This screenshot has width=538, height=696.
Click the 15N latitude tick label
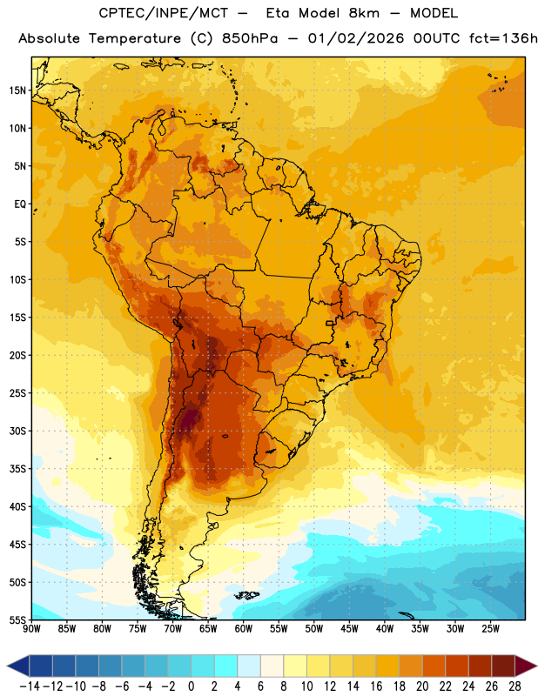click(x=17, y=90)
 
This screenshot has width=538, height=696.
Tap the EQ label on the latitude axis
click(x=20, y=204)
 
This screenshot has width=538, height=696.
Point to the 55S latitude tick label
click(x=17, y=619)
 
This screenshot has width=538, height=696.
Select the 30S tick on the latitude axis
click(x=17, y=431)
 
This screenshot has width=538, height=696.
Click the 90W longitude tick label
click(x=31, y=629)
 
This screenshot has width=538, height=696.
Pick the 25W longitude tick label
click(x=490, y=629)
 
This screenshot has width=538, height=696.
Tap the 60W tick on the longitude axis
click(x=244, y=629)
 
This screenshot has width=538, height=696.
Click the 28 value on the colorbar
click(x=514, y=686)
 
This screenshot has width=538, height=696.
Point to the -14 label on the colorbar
click(x=30, y=686)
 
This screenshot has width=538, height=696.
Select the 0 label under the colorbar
click(x=191, y=686)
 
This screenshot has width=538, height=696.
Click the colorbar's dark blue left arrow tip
click(x=7, y=666)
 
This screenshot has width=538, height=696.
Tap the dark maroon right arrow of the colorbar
click(x=526, y=666)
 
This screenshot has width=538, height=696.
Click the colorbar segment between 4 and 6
click(x=249, y=666)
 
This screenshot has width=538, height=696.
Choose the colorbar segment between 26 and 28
click(x=503, y=666)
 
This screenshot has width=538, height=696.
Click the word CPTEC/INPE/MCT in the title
click(x=163, y=13)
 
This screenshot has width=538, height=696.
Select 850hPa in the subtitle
click(x=250, y=38)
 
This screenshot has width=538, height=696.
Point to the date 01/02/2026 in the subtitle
click(x=356, y=38)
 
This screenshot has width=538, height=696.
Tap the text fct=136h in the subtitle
click(x=503, y=38)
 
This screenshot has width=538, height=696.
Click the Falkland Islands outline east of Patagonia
click(x=246, y=595)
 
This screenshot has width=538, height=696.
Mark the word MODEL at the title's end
click(x=434, y=13)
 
